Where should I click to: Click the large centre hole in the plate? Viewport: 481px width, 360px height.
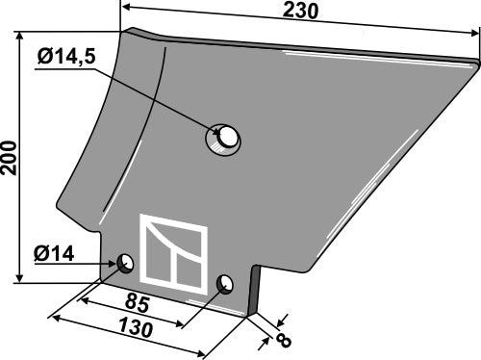click(x=224, y=139)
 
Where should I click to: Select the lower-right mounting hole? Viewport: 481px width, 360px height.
click(x=225, y=283)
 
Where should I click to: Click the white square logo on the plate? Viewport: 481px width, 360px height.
click(x=174, y=254)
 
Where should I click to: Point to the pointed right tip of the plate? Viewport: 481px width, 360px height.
click(x=475, y=64)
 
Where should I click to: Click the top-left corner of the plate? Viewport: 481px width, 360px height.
click(x=123, y=31)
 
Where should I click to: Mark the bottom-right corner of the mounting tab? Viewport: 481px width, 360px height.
click(x=248, y=315)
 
